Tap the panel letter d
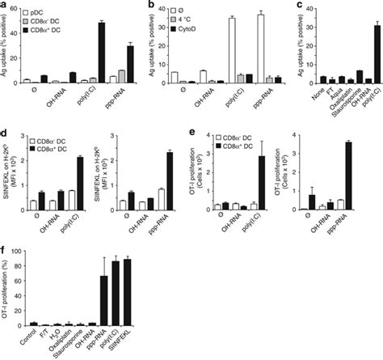(5, 128)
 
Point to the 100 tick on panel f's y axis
(21, 256)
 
